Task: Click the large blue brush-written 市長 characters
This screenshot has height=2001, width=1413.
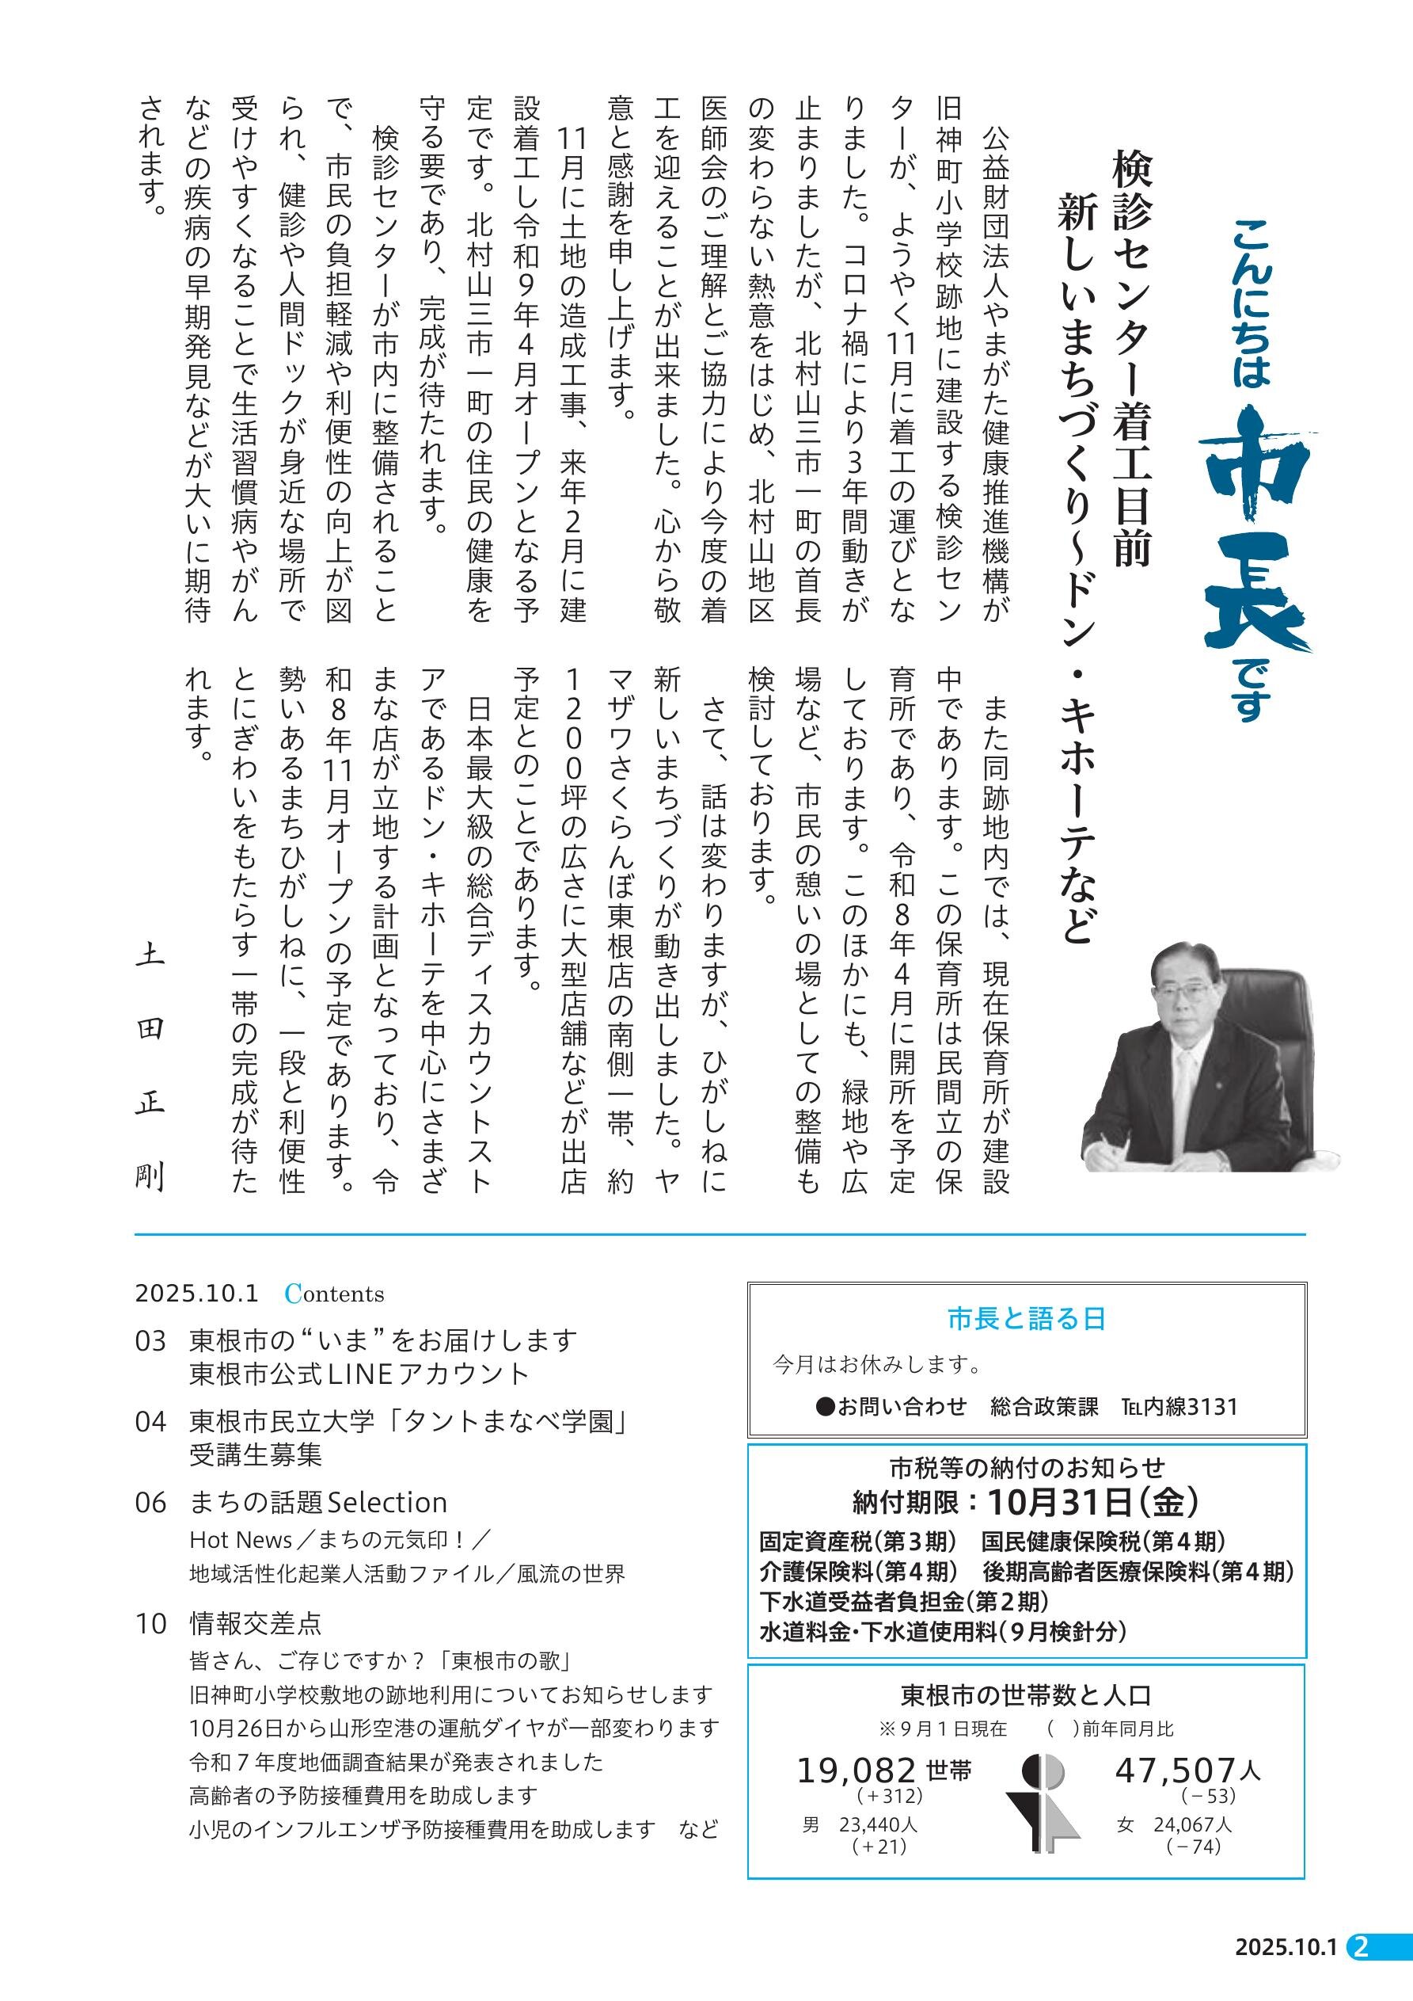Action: tap(1255, 540)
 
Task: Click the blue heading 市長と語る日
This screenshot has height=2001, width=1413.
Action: tap(1026, 1319)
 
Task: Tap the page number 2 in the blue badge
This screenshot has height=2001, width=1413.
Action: tap(1362, 1972)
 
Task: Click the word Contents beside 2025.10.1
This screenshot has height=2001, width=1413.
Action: tap(335, 1294)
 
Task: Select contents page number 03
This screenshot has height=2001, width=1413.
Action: tap(150, 1340)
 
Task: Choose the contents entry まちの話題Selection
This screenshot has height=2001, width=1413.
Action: tap(318, 1503)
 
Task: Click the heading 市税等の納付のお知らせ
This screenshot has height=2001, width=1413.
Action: tap(1026, 1469)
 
